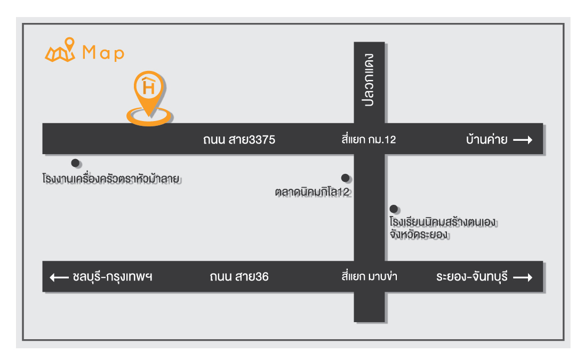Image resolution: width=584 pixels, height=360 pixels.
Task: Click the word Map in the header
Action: click(103, 53)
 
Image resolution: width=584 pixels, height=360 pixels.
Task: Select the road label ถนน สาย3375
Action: click(239, 140)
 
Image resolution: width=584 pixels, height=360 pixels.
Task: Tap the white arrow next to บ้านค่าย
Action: click(523, 140)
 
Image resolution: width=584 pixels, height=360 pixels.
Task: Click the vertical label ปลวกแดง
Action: click(370, 80)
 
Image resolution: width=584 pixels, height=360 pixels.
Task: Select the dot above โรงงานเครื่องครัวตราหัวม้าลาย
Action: click(76, 163)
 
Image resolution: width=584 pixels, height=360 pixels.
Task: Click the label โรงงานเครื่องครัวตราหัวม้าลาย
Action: click(109, 178)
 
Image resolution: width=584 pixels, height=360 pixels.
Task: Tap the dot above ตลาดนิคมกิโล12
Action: click(346, 178)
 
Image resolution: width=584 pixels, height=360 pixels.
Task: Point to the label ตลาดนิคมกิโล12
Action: click(313, 192)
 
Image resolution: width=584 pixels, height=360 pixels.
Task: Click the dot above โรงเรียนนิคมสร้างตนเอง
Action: click(394, 209)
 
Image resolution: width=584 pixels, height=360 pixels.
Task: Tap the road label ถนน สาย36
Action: click(239, 277)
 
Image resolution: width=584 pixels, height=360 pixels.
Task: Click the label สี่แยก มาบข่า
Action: click(369, 277)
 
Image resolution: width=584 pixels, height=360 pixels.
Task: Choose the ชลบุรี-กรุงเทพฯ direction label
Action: click(112, 277)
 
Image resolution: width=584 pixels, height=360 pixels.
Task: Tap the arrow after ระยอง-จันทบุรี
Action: click(523, 277)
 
